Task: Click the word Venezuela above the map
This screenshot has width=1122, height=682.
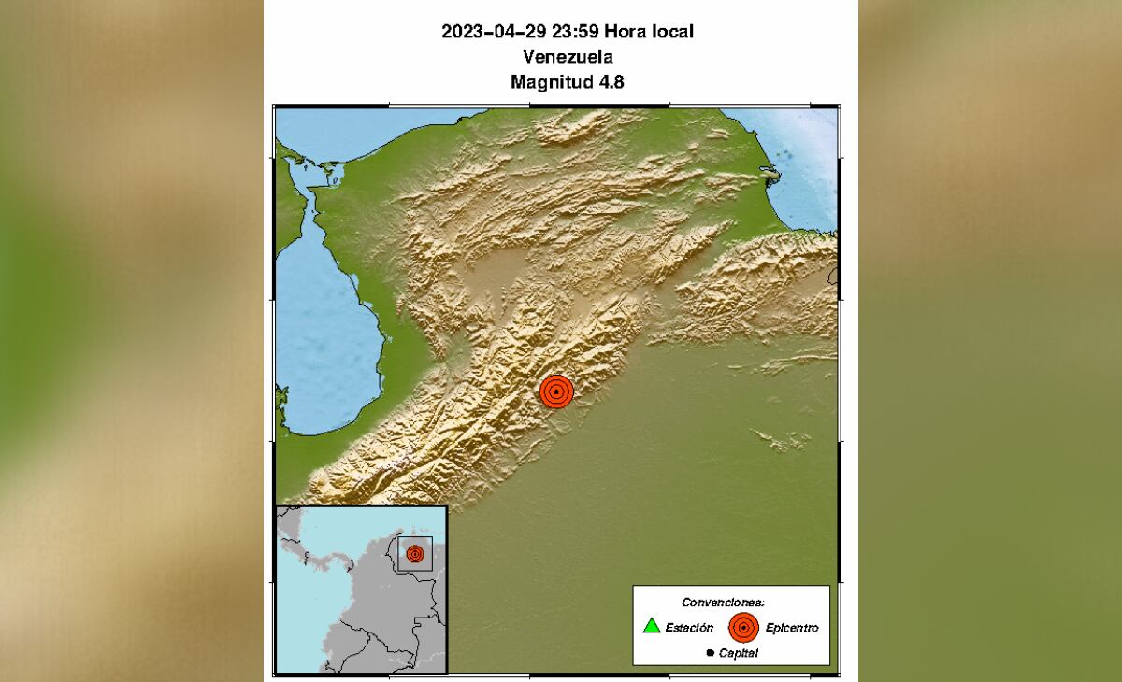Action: click(x=568, y=57)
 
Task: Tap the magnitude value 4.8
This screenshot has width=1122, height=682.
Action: click(x=611, y=82)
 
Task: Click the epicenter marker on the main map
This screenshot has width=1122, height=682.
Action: click(x=556, y=392)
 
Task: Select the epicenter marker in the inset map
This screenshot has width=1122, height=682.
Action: click(x=414, y=553)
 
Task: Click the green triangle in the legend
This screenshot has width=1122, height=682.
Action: click(x=652, y=626)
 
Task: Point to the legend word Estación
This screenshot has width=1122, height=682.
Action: click(x=690, y=628)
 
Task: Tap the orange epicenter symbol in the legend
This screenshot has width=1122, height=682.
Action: click(x=743, y=628)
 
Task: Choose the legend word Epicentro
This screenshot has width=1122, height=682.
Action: click(x=791, y=628)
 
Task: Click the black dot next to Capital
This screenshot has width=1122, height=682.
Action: click(x=711, y=653)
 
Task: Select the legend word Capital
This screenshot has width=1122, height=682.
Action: click(x=739, y=653)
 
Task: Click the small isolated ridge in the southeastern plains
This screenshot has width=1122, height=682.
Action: click(x=782, y=437)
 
